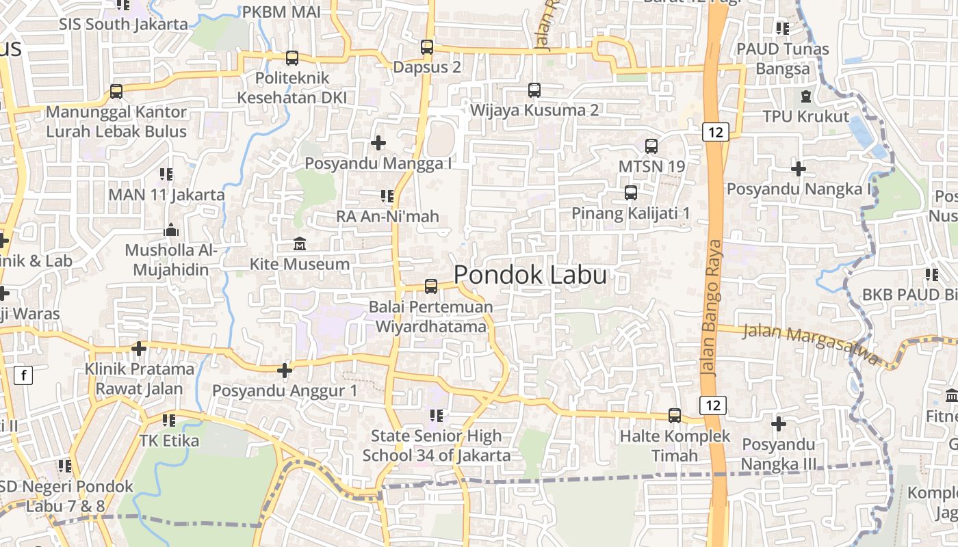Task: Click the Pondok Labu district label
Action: click(x=530, y=275)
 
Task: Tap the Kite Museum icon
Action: click(x=300, y=244)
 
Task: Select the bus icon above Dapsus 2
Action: click(x=427, y=47)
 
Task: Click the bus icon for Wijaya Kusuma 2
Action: click(x=534, y=90)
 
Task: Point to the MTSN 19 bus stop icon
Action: click(x=651, y=146)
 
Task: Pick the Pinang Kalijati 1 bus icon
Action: click(x=631, y=193)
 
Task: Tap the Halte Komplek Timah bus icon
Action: click(x=675, y=415)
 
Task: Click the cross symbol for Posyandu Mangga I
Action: click(x=378, y=143)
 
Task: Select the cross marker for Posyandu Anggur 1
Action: click(x=285, y=371)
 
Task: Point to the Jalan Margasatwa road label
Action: click(x=810, y=343)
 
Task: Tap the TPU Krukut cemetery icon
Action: click(x=806, y=96)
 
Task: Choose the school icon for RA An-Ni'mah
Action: click(x=387, y=196)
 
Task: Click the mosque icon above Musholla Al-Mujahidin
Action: click(x=171, y=230)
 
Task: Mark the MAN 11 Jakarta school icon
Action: click(x=166, y=174)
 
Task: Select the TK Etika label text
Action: click(x=169, y=440)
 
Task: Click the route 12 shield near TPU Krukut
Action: click(x=715, y=132)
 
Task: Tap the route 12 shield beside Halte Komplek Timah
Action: click(x=713, y=405)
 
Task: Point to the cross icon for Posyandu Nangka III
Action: click(x=779, y=424)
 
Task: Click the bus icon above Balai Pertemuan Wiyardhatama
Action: click(x=431, y=286)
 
